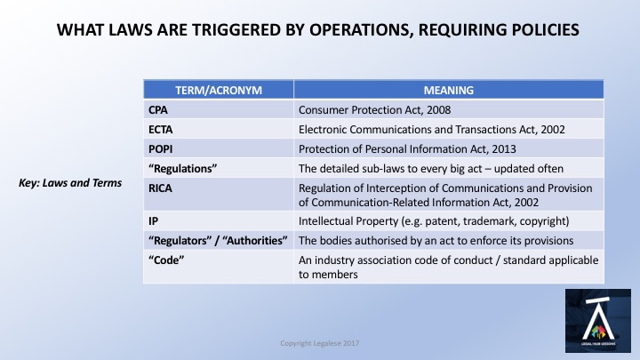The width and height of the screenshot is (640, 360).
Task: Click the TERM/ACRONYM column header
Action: [x=219, y=90]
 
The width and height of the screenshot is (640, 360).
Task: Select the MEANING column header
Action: [x=449, y=90]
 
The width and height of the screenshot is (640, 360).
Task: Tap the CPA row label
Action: [x=158, y=110]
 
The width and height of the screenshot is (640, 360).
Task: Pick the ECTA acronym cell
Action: [x=160, y=130]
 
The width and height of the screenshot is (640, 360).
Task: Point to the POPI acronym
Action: [x=160, y=149]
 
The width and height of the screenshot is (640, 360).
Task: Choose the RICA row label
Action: [x=160, y=188]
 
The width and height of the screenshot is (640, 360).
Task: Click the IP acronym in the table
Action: [x=153, y=220]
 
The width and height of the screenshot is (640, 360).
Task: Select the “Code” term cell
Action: [x=166, y=260]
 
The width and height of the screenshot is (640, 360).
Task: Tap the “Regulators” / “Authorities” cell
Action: [x=218, y=240]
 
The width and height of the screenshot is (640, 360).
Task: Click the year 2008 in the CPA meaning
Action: [x=439, y=110]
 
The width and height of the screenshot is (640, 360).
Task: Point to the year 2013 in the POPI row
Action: [x=504, y=149]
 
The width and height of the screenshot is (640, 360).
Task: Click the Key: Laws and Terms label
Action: [x=70, y=183]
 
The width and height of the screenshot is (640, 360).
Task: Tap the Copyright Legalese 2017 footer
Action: [x=320, y=343]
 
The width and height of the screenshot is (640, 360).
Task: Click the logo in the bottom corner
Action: [x=598, y=321]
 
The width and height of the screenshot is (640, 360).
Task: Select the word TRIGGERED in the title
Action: [x=236, y=30]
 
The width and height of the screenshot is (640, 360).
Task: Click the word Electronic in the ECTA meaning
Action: [x=323, y=130]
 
